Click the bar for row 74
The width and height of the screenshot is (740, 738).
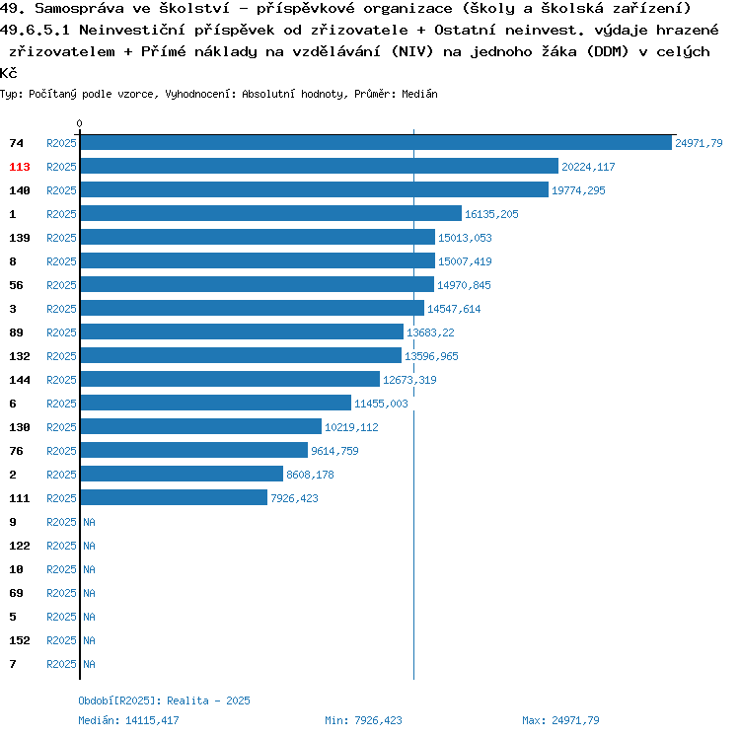tap(375, 143)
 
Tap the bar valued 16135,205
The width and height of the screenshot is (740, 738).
tap(270, 214)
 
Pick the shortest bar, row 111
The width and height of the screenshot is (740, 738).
tap(174, 498)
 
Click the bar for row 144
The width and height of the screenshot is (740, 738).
tap(229, 380)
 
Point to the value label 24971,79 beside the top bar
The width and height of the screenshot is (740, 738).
tap(699, 143)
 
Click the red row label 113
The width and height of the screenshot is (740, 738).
tap(20, 167)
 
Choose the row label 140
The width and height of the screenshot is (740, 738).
tap(20, 190)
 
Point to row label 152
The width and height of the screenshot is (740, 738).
tap(20, 640)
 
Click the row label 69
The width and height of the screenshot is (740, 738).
tap(16, 593)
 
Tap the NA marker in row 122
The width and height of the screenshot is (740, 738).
tap(89, 546)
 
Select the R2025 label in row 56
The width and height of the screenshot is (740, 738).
tap(61, 285)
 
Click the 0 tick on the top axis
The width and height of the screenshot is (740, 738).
tap(80, 124)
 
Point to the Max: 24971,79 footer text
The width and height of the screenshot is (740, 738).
tap(560, 720)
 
